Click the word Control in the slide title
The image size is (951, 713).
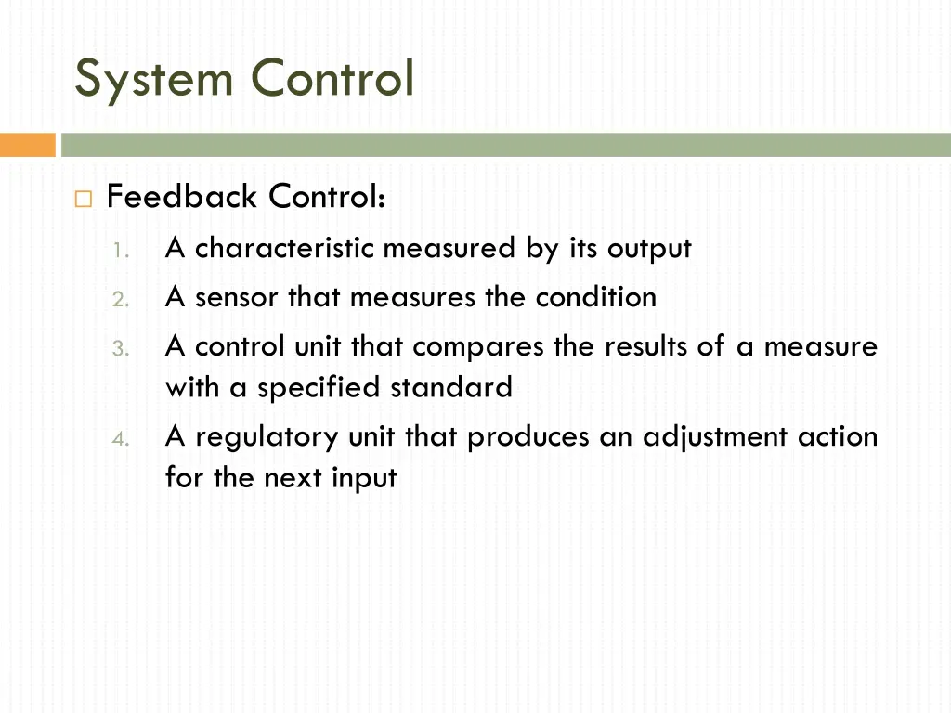pos(332,78)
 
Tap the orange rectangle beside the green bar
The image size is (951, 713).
pos(28,145)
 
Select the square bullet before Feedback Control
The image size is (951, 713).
pos(84,199)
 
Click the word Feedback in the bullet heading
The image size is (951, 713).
pos(182,197)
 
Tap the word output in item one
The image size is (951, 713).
pos(649,249)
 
